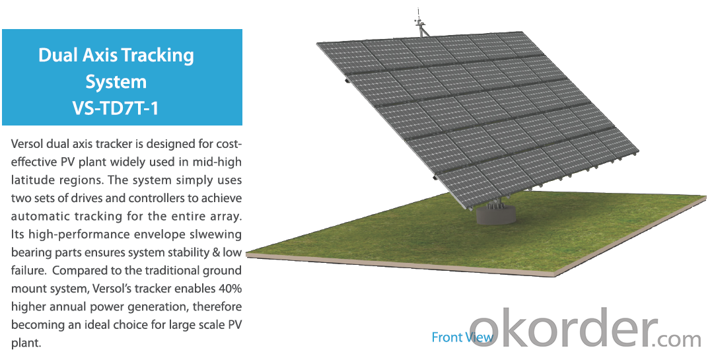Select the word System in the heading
(116, 83)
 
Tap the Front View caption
(462, 338)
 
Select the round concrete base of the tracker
(496, 215)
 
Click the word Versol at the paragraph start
(26, 144)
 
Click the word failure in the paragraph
(27, 270)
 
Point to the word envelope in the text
(156, 235)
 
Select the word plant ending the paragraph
(26, 343)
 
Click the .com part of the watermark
(680, 340)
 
